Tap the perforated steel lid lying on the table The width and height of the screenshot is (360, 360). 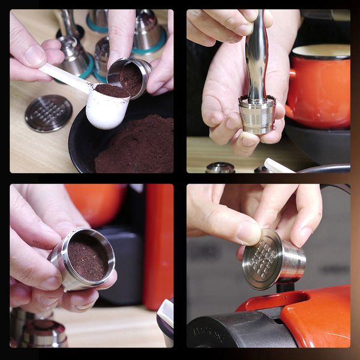(x=49, y=113)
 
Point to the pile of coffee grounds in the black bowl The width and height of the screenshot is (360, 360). (x=135, y=147)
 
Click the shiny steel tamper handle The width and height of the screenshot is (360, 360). (x=257, y=57)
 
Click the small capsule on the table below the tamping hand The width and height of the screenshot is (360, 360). (x=220, y=167)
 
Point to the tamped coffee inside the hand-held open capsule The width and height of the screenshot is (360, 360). (x=88, y=256)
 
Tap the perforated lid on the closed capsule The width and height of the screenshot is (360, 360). (x=263, y=259)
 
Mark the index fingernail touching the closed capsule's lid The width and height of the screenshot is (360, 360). (x=248, y=233)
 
